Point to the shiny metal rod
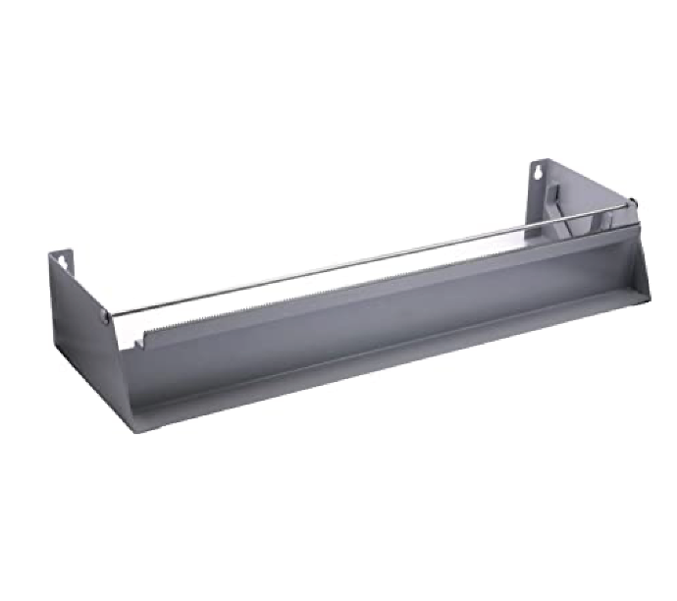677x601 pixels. [x=373, y=259]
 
